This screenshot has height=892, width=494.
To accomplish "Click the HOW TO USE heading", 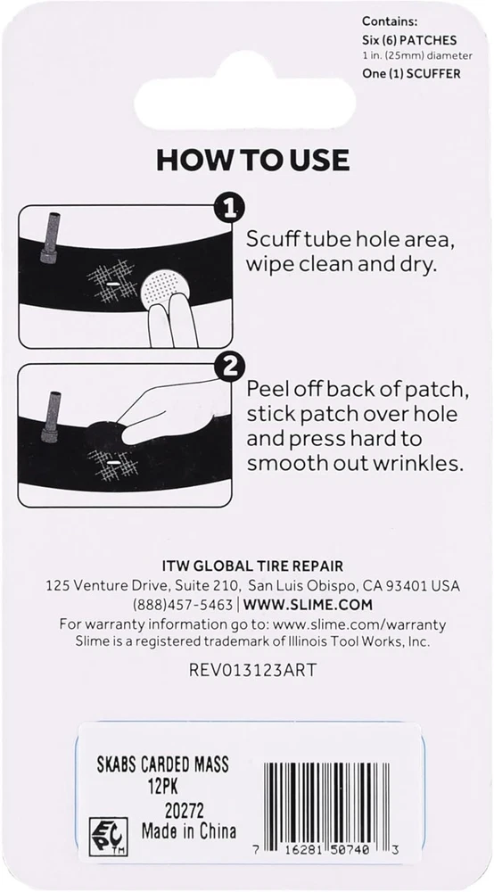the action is coord(253,161).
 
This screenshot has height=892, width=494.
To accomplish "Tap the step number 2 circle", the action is coord(229,367).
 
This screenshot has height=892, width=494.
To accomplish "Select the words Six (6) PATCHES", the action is coord(409,41).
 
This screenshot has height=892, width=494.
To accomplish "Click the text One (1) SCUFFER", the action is coord(412,73).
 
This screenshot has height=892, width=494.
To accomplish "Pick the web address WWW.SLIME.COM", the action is coord(309,604).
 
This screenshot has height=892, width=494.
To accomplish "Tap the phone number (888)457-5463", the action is coord(183,604).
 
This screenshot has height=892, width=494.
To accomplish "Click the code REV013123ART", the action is coord(252,670).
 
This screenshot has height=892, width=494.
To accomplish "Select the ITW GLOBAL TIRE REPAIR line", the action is coord(252,566).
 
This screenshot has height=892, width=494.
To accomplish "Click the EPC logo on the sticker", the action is coord(108,837).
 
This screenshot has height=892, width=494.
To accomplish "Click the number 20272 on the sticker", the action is coord(184,810).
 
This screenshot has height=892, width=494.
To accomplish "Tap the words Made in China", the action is coord(189,831).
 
